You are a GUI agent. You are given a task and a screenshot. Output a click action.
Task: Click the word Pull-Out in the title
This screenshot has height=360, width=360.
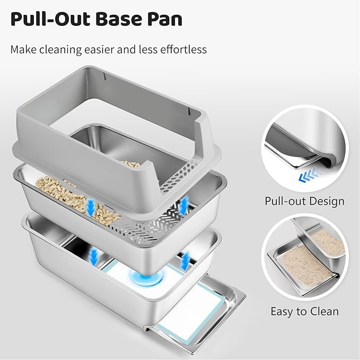tap(47, 19)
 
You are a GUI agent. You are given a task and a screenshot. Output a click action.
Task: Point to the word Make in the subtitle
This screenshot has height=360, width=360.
tap(24, 49)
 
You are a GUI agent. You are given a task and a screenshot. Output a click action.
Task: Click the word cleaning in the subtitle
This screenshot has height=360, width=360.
tap(63, 49)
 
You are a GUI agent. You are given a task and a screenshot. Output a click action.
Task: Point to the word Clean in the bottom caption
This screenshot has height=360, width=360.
tap(324, 311)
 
